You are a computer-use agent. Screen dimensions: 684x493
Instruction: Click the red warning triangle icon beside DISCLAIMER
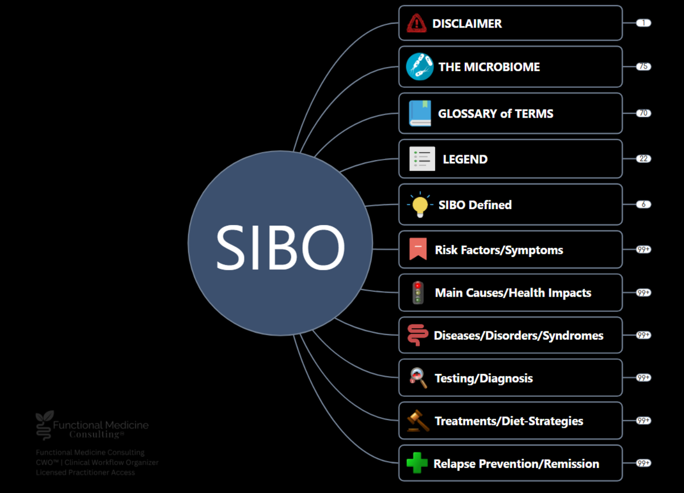(x=417, y=23)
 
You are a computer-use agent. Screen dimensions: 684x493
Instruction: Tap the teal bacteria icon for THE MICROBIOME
(x=419, y=66)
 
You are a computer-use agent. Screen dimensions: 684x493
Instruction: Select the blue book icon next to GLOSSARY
(x=420, y=113)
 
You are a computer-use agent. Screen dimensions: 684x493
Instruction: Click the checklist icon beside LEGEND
(x=422, y=158)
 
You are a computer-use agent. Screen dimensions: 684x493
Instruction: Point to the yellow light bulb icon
(x=420, y=205)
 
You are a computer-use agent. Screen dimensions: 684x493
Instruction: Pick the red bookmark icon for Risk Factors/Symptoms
(x=418, y=249)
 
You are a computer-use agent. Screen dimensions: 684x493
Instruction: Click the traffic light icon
(x=418, y=292)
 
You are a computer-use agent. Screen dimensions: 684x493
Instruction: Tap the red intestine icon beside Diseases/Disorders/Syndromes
(x=418, y=335)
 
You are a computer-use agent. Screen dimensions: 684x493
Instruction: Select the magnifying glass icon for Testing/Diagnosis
(x=418, y=378)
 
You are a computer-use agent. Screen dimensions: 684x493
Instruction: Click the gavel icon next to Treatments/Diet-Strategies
(x=418, y=420)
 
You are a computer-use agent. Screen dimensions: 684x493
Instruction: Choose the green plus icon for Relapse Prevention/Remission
(x=417, y=463)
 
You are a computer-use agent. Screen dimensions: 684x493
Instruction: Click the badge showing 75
(x=643, y=66)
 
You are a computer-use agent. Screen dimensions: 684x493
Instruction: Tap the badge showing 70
(x=643, y=113)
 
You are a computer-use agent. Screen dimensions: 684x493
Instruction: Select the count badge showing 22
(x=643, y=158)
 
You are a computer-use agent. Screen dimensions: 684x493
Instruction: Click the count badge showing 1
(x=643, y=23)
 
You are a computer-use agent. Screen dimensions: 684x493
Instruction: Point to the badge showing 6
(x=643, y=204)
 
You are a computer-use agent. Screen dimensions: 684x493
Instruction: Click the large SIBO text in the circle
(x=280, y=247)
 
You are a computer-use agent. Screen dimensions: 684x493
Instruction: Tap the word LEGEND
(x=465, y=159)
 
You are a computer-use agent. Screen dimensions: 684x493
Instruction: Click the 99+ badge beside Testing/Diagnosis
(x=643, y=377)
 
